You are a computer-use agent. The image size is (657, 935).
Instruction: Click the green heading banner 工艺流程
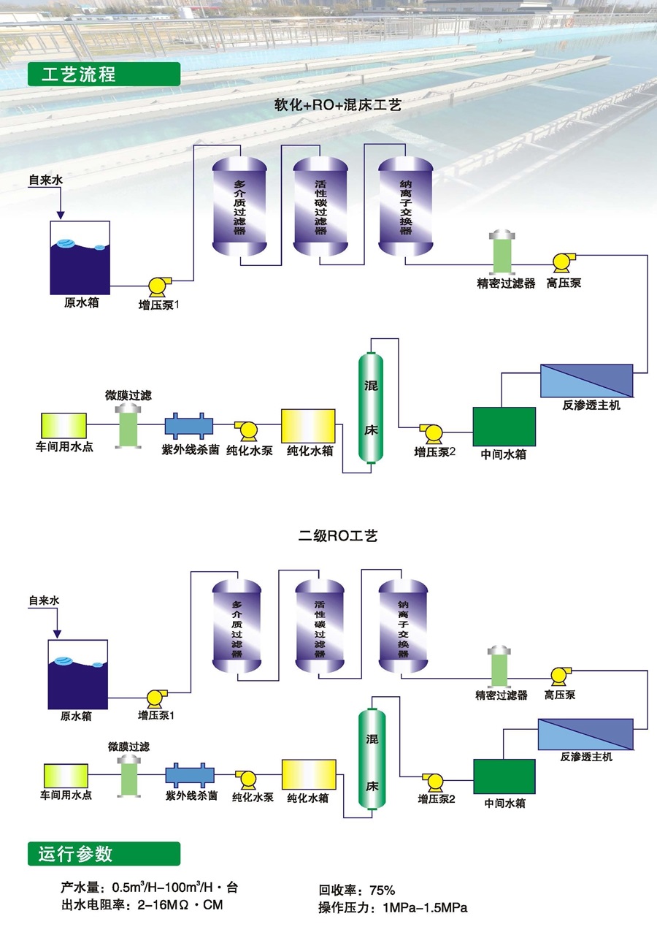click(x=103, y=75)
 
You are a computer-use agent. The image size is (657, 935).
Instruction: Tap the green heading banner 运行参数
click(x=103, y=854)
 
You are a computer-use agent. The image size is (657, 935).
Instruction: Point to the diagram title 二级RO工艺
click(x=338, y=536)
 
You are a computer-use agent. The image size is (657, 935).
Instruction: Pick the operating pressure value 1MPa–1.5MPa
click(x=420, y=908)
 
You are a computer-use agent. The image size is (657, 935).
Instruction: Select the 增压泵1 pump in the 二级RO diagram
click(x=156, y=698)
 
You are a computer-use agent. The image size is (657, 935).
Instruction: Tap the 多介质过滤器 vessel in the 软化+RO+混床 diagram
click(x=239, y=208)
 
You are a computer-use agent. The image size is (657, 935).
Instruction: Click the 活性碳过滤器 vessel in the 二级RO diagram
click(x=320, y=628)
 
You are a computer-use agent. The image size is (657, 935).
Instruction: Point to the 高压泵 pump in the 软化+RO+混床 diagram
click(x=564, y=262)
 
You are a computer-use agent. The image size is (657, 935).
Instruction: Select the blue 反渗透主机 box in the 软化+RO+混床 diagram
click(x=586, y=380)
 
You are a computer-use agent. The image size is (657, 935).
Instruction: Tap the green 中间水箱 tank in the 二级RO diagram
click(x=504, y=776)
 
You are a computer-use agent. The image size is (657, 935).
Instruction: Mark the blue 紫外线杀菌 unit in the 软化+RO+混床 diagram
click(x=189, y=427)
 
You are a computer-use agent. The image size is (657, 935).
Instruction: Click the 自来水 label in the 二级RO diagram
click(x=44, y=600)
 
